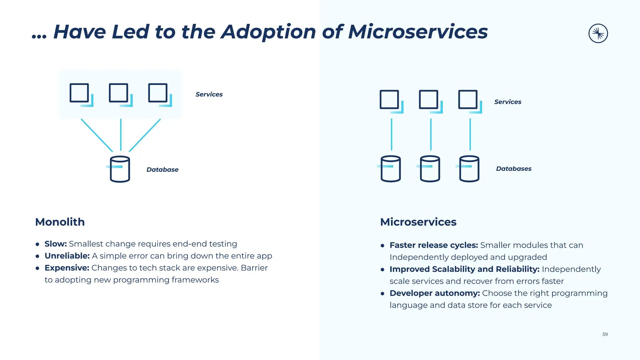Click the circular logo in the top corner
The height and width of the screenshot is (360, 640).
click(598, 33)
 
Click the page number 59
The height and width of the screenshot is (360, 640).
click(605, 334)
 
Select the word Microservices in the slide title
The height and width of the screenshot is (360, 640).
click(418, 32)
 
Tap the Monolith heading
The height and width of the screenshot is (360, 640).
click(60, 222)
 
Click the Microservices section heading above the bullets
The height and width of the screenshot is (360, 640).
click(418, 222)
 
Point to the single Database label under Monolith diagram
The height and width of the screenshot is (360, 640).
click(162, 170)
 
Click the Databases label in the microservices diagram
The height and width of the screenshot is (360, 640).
click(513, 169)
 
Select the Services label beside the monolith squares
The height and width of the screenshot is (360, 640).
click(209, 94)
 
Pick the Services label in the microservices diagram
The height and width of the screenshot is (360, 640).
click(507, 102)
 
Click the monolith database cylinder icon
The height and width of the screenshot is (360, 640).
click(120, 169)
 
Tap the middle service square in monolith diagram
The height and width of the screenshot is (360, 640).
click(119, 93)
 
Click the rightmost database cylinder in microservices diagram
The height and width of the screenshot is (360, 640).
click(469, 169)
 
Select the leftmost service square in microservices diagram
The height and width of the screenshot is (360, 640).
click(389, 100)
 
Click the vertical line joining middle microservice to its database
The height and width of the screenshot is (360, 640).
click(431, 134)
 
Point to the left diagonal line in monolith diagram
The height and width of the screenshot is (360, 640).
click(97, 135)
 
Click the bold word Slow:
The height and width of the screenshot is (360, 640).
click(56, 244)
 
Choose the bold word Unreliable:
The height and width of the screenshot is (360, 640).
click(67, 256)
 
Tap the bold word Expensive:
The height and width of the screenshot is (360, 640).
click(67, 268)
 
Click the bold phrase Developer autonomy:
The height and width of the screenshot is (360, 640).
click(434, 293)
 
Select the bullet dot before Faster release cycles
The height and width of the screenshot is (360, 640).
click(382, 246)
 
